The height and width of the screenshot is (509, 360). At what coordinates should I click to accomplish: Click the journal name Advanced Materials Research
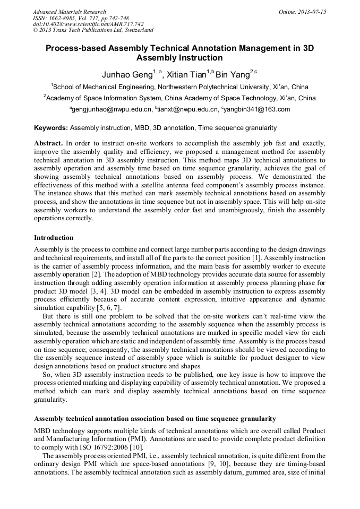click(69, 12)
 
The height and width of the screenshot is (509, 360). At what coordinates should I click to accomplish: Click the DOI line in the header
click(88, 24)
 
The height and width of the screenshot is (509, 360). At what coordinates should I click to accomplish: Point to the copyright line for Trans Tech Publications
click(93, 30)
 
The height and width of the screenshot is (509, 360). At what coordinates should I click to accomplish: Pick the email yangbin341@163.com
click(256, 109)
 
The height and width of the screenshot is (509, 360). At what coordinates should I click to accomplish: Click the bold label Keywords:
click(51, 128)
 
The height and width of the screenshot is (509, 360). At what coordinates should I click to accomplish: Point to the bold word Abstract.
click(48, 144)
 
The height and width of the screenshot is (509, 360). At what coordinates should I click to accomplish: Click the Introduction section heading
click(54, 237)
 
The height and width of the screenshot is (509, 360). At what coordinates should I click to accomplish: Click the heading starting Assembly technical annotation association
click(155, 419)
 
